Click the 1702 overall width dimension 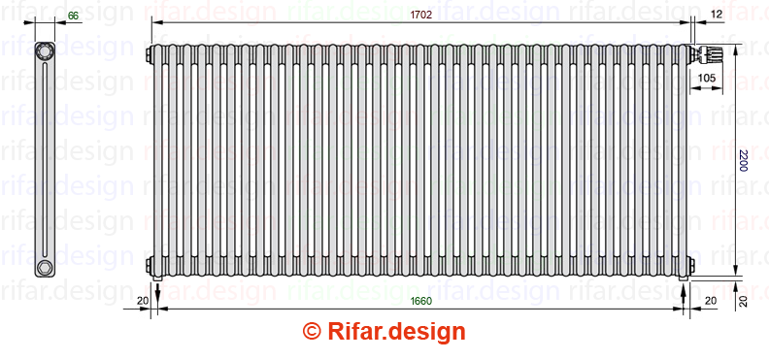pyautogui.click(x=420, y=15)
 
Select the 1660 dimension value pyautogui.click(x=420, y=301)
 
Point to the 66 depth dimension pyautogui.click(x=73, y=16)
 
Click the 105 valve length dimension pyautogui.click(x=706, y=78)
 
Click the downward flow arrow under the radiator pyautogui.click(x=157, y=291)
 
